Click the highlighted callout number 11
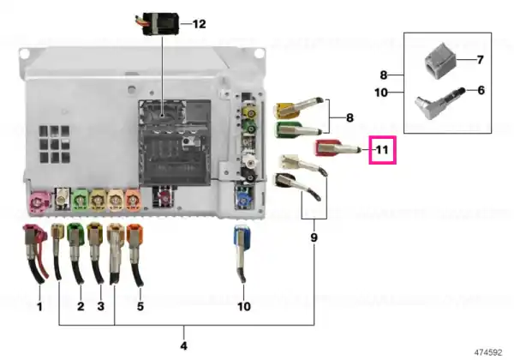(x=382, y=150)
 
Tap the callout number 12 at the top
(x=199, y=24)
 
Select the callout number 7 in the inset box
(x=481, y=60)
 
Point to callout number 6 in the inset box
(x=481, y=90)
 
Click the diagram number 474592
(x=488, y=352)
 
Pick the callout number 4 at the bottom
(x=184, y=345)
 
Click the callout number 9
(x=314, y=237)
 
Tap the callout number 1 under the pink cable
(x=39, y=307)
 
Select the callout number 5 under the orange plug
(x=140, y=306)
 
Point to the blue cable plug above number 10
(x=242, y=253)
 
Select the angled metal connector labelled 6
(x=439, y=102)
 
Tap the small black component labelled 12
(x=161, y=24)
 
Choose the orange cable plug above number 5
(x=135, y=254)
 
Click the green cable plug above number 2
(x=75, y=254)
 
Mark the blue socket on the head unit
(x=243, y=198)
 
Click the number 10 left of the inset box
(x=381, y=93)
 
